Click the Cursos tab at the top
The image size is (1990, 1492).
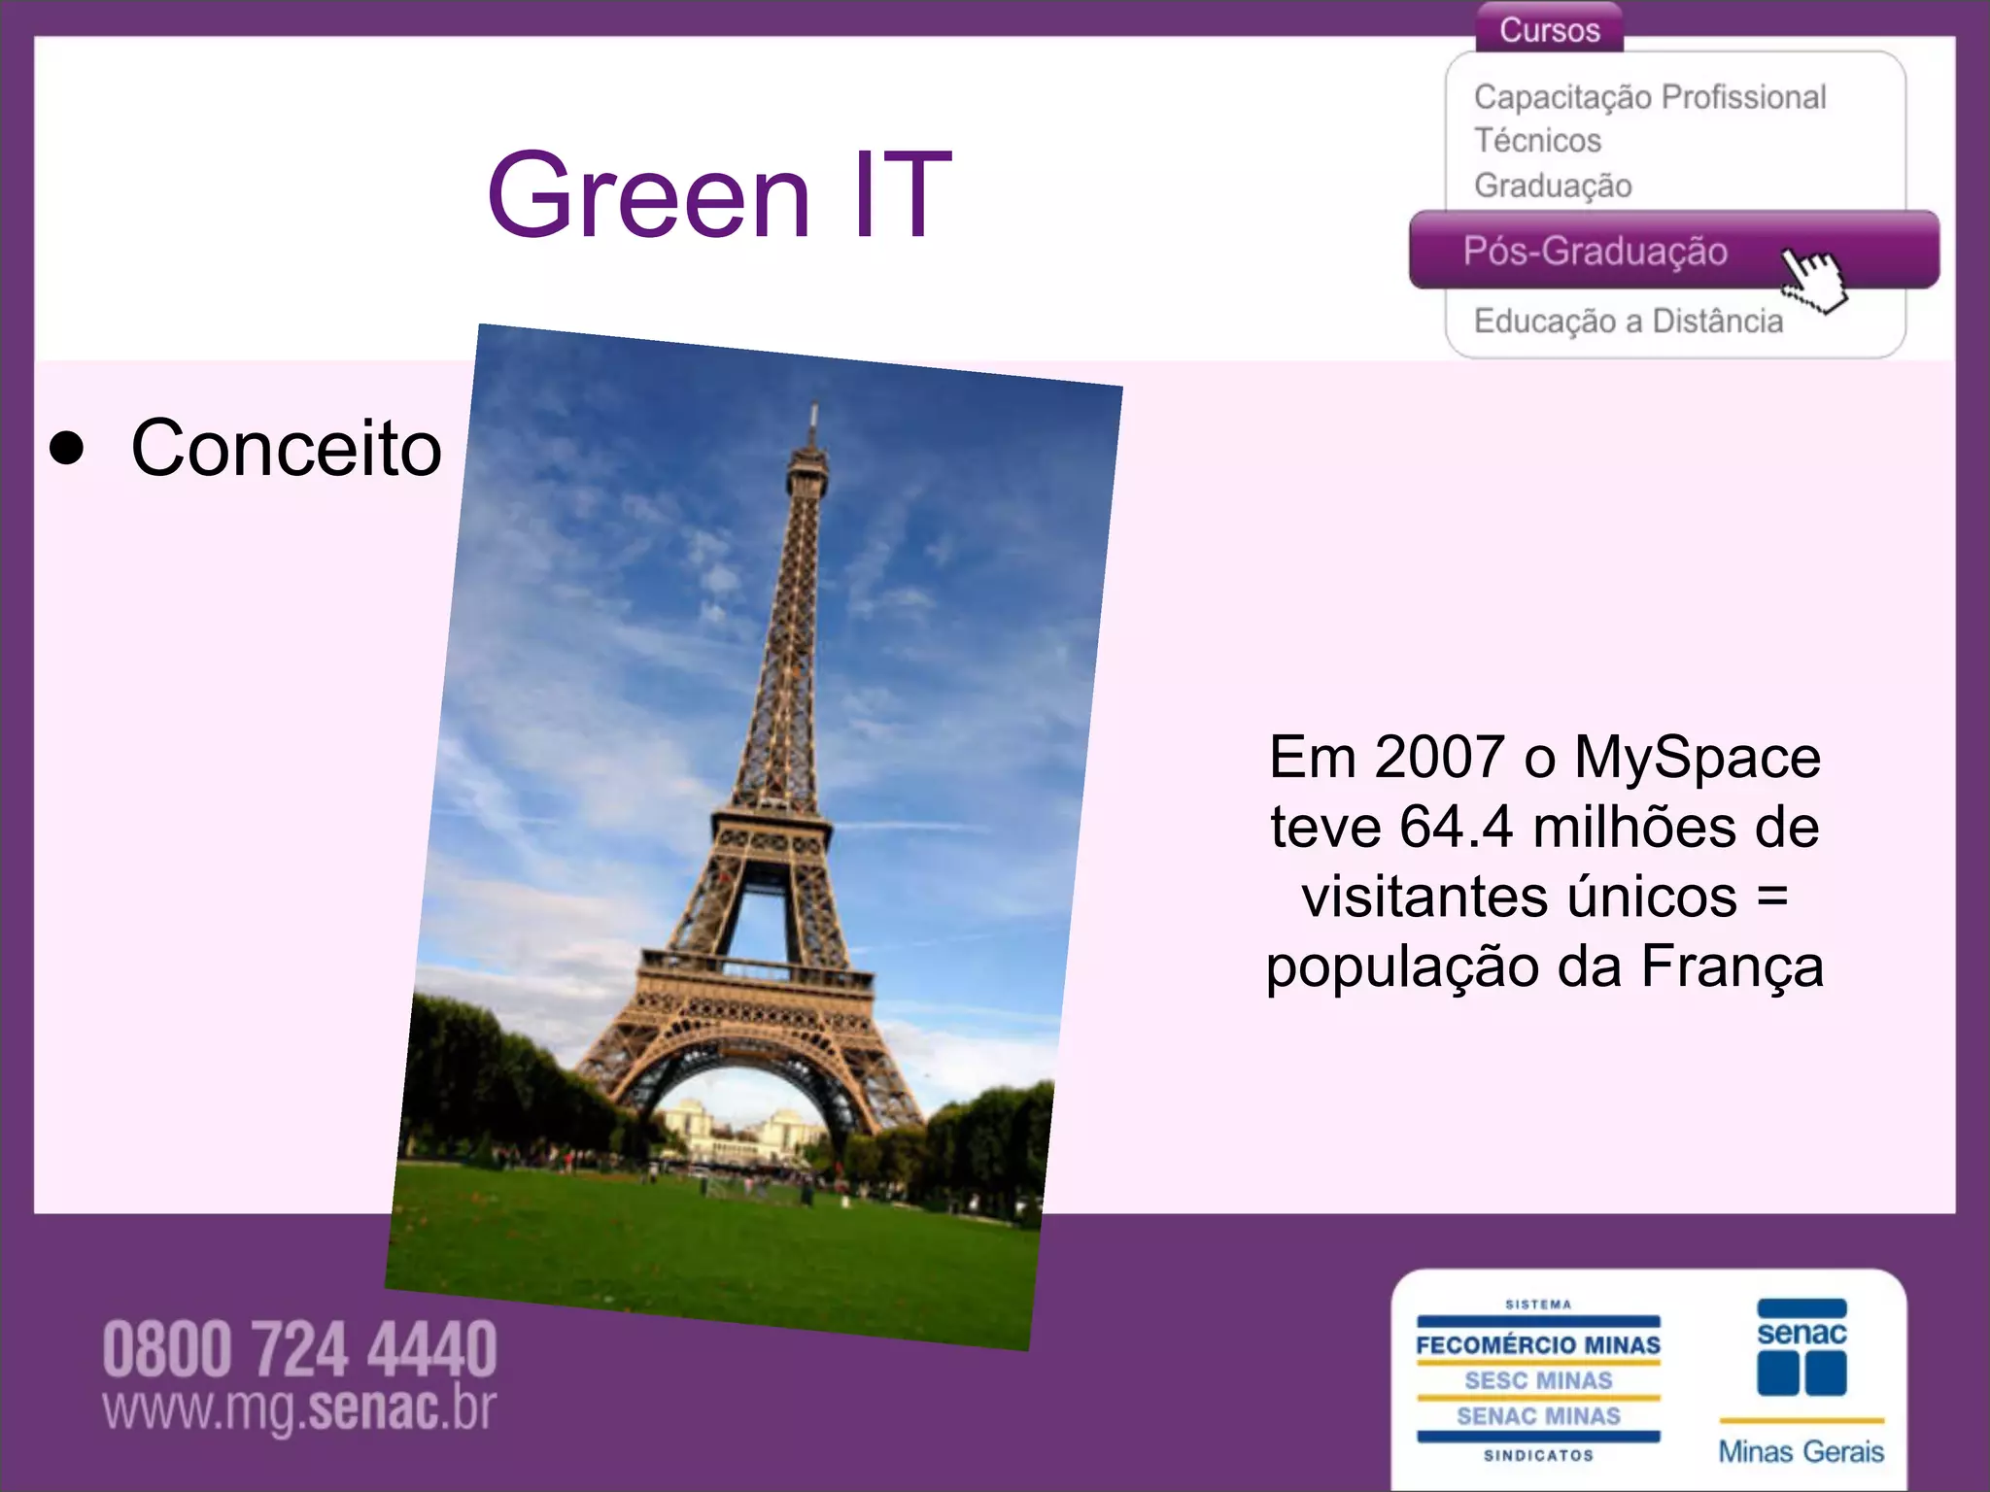(x=1549, y=29)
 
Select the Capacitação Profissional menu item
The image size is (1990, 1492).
(x=1649, y=97)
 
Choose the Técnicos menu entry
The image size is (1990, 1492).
(x=1536, y=141)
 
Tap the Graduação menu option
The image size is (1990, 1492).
(x=1552, y=185)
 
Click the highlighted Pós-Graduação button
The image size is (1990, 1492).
(x=1595, y=251)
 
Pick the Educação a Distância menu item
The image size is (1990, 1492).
(x=1628, y=321)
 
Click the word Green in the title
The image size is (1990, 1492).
(x=648, y=195)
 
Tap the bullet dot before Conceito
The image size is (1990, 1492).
(x=67, y=449)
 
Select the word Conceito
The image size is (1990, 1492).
(x=286, y=449)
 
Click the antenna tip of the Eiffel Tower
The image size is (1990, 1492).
(x=814, y=408)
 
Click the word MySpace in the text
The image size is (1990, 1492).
(x=1697, y=757)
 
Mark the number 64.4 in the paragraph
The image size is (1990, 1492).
(x=1456, y=827)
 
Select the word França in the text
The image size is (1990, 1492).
(x=1732, y=966)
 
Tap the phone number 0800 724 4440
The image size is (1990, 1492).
(x=299, y=1349)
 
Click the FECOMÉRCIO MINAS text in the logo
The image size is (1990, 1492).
(x=1537, y=1345)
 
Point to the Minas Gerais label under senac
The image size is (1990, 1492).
(x=1801, y=1451)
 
